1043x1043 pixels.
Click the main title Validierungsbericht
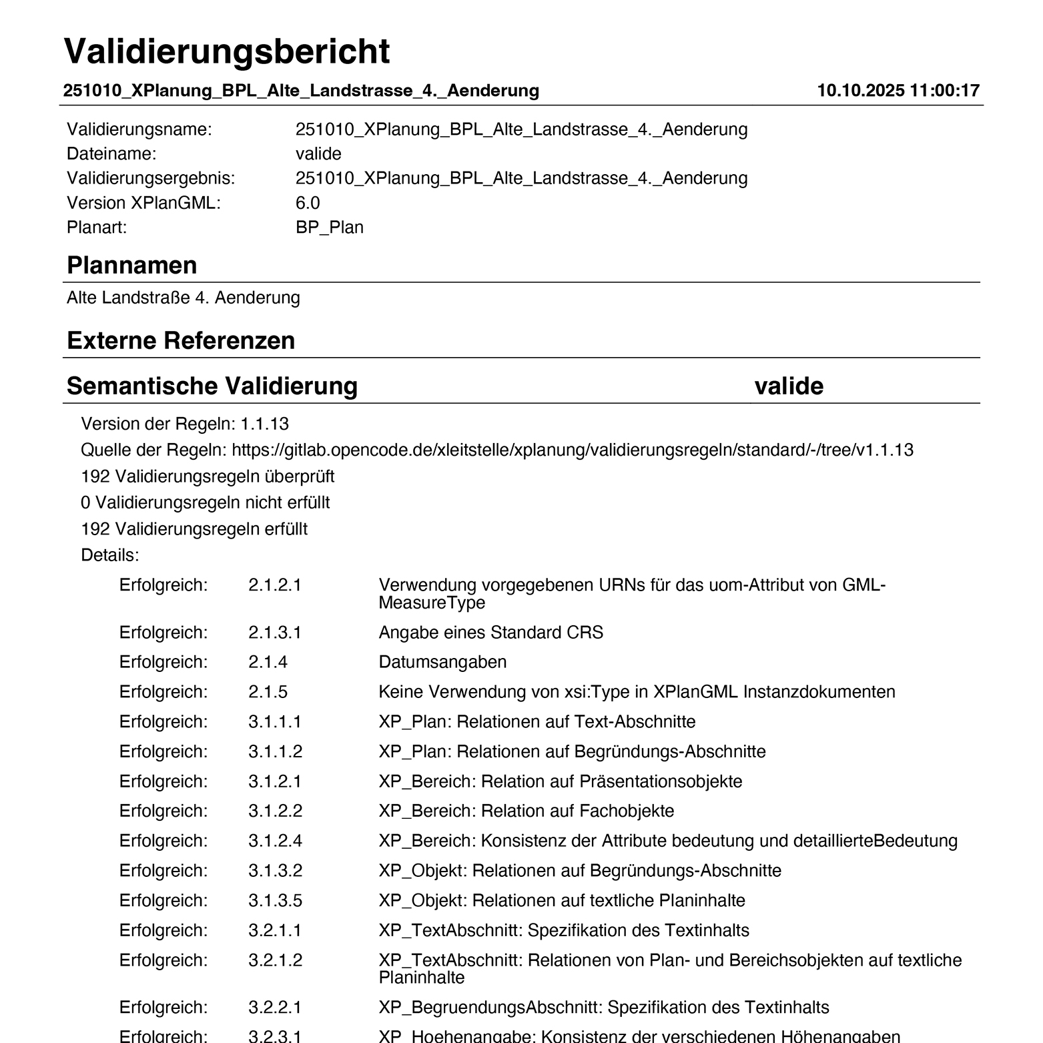tap(227, 51)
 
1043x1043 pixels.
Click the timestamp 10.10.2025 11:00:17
tap(898, 91)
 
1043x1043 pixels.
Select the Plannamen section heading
tap(132, 266)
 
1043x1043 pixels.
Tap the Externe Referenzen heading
tap(181, 341)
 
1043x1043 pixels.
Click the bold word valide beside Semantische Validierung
tap(789, 386)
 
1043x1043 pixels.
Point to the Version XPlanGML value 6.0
tap(308, 203)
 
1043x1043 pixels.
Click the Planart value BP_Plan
tap(330, 228)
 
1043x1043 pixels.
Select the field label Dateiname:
tap(111, 154)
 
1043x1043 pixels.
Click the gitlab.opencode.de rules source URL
tap(572, 450)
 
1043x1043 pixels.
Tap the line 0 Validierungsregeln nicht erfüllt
tap(206, 502)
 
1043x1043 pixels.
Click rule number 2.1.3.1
tap(275, 633)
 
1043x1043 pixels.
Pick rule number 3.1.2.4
tap(275, 841)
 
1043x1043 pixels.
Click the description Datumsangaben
tap(442, 662)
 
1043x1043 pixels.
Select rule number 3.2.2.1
tap(275, 1007)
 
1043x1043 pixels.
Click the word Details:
tap(110, 555)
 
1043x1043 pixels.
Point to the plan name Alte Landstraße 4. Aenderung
tap(184, 298)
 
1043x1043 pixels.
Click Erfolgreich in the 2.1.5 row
tap(163, 692)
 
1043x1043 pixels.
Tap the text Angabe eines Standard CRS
tap(490, 633)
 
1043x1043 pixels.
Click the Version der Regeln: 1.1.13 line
tap(185, 424)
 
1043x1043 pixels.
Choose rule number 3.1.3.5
tap(275, 901)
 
